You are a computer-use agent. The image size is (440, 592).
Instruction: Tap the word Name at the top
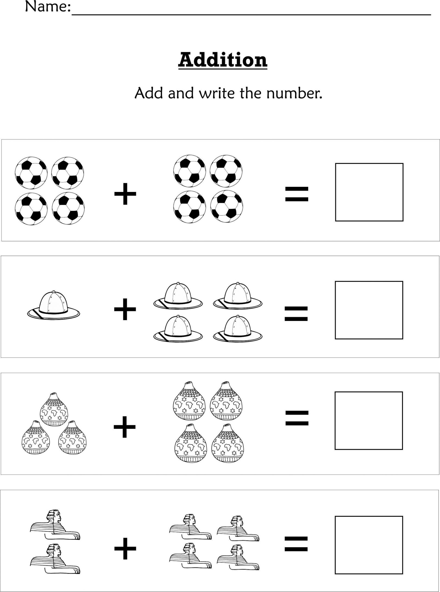[x=47, y=7]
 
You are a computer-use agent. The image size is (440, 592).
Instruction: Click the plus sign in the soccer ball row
[x=125, y=194]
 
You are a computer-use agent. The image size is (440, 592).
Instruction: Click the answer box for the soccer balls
[x=369, y=192]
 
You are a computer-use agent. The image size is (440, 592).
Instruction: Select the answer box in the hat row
[x=369, y=310]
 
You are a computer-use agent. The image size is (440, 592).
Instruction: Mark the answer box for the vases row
[x=369, y=420]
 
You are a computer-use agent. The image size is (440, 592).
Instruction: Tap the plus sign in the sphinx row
[x=125, y=548]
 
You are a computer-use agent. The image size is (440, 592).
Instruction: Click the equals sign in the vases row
[x=297, y=418]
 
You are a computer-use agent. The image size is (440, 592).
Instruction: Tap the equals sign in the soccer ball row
[x=297, y=194]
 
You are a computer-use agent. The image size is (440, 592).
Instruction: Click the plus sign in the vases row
[x=125, y=427]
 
